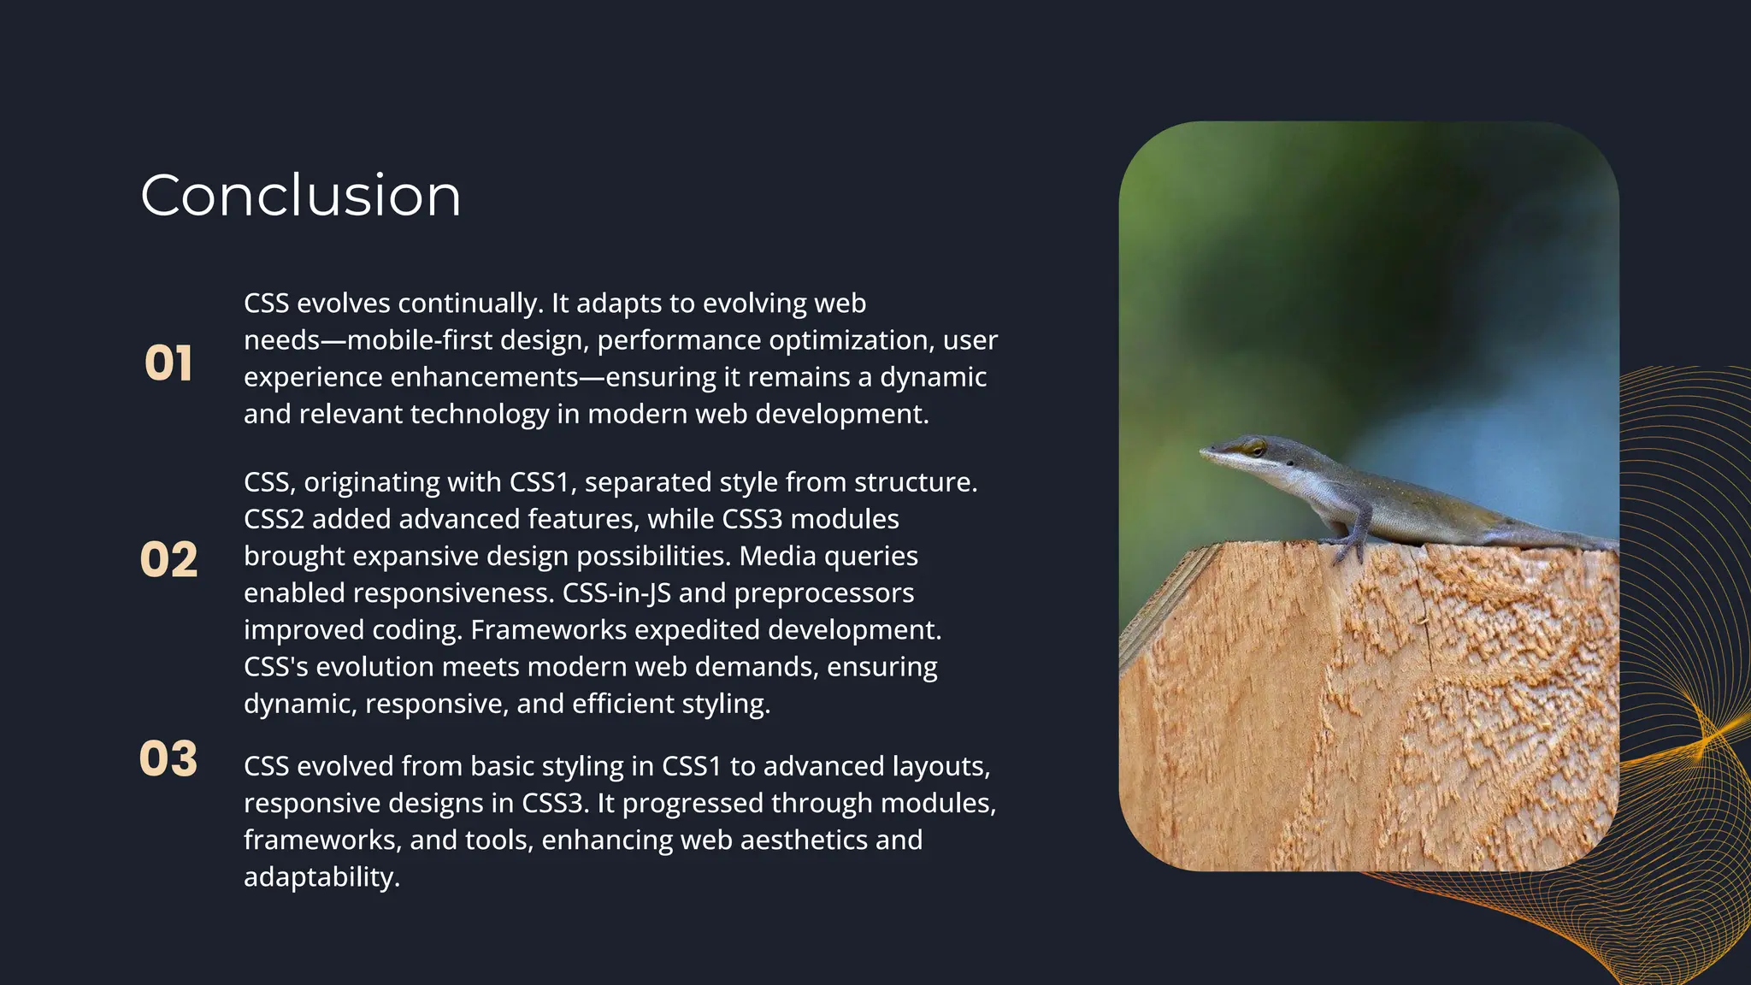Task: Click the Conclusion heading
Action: pos(300,196)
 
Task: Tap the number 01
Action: pos(168,363)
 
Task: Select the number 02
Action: pos(168,560)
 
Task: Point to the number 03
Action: pos(168,758)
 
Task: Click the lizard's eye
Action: pos(1254,446)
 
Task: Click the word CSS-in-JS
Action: pos(616,593)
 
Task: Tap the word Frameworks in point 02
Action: pos(548,630)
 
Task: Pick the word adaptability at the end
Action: pos(321,877)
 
